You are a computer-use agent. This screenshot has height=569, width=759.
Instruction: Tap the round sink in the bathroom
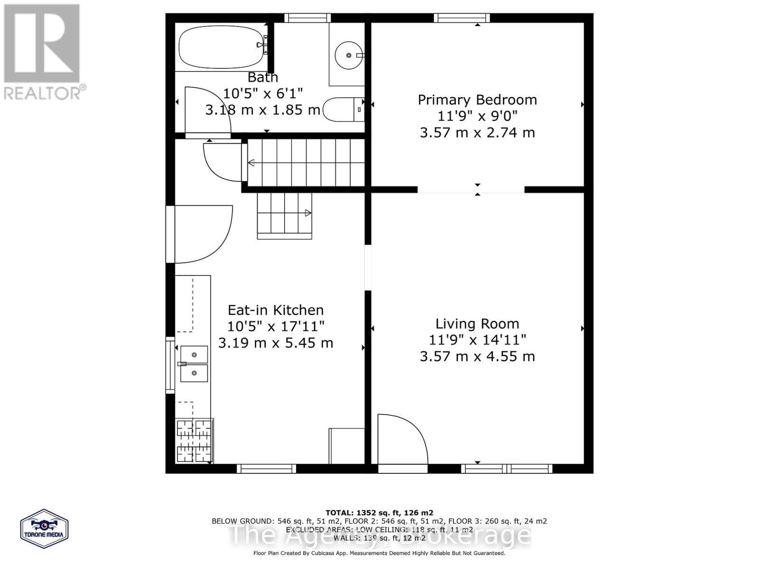click(349, 55)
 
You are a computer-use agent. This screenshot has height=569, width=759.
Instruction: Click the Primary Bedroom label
click(477, 100)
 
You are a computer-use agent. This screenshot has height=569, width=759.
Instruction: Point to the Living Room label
click(477, 324)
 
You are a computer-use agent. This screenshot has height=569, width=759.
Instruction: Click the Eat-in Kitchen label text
click(276, 310)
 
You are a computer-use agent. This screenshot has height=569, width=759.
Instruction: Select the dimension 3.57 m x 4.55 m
click(477, 356)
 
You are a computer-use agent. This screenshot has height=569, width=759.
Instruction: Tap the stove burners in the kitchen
click(194, 441)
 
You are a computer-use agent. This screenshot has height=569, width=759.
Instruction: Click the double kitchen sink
click(194, 364)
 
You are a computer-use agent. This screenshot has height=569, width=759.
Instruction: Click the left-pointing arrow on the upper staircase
click(251, 163)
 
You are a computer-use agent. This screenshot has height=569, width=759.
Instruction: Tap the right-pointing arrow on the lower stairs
click(308, 213)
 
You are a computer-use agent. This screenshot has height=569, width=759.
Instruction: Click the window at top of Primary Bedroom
click(462, 18)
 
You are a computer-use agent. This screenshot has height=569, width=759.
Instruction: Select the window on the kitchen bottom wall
click(266, 468)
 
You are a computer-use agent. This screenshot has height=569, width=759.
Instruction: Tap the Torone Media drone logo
click(45, 529)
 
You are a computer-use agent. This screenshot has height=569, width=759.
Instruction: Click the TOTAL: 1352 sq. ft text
click(379, 513)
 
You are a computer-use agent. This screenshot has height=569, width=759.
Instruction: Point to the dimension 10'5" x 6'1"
click(263, 93)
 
